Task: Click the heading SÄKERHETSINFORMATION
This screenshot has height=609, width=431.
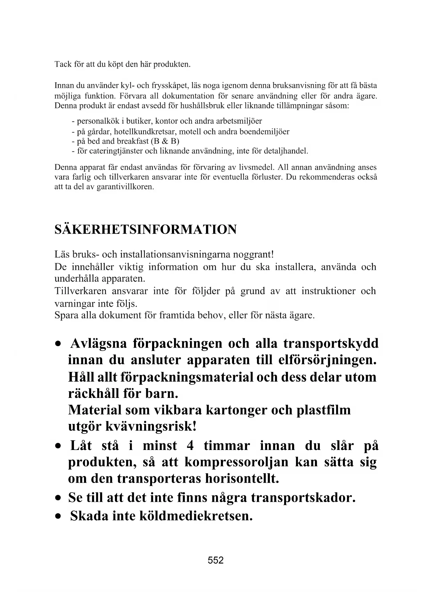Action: [x=146, y=230]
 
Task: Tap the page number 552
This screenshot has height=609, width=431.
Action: [x=215, y=560]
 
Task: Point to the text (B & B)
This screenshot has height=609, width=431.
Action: [x=165, y=141]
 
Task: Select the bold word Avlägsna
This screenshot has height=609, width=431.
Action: [x=98, y=343]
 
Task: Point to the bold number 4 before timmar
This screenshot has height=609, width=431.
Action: [x=190, y=445]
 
